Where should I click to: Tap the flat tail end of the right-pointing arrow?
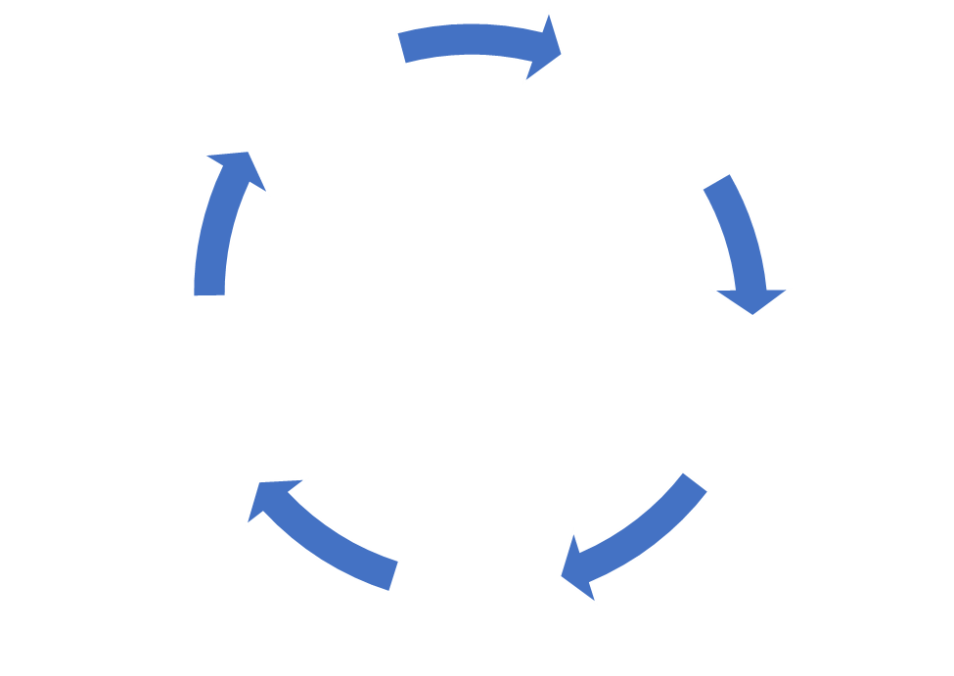pyautogui.click(x=402, y=48)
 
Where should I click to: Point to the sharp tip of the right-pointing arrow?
pyautogui.click(x=563, y=53)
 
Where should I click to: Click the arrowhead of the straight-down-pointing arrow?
pyautogui.click(x=751, y=297)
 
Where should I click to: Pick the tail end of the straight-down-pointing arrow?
pyautogui.click(x=717, y=182)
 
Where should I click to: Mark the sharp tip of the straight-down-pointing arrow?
pyautogui.click(x=752, y=315)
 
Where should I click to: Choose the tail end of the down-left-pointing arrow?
pyautogui.click(x=695, y=482)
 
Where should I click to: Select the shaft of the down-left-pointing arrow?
pyautogui.click(x=646, y=529)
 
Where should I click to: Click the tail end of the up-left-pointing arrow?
pyautogui.click(x=394, y=575)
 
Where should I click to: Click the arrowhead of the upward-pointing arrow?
pyautogui.click(x=235, y=170)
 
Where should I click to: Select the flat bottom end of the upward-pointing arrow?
pyautogui.click(x=209, y=294)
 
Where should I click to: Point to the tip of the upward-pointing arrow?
pyautogui.click(x=249, y=152)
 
